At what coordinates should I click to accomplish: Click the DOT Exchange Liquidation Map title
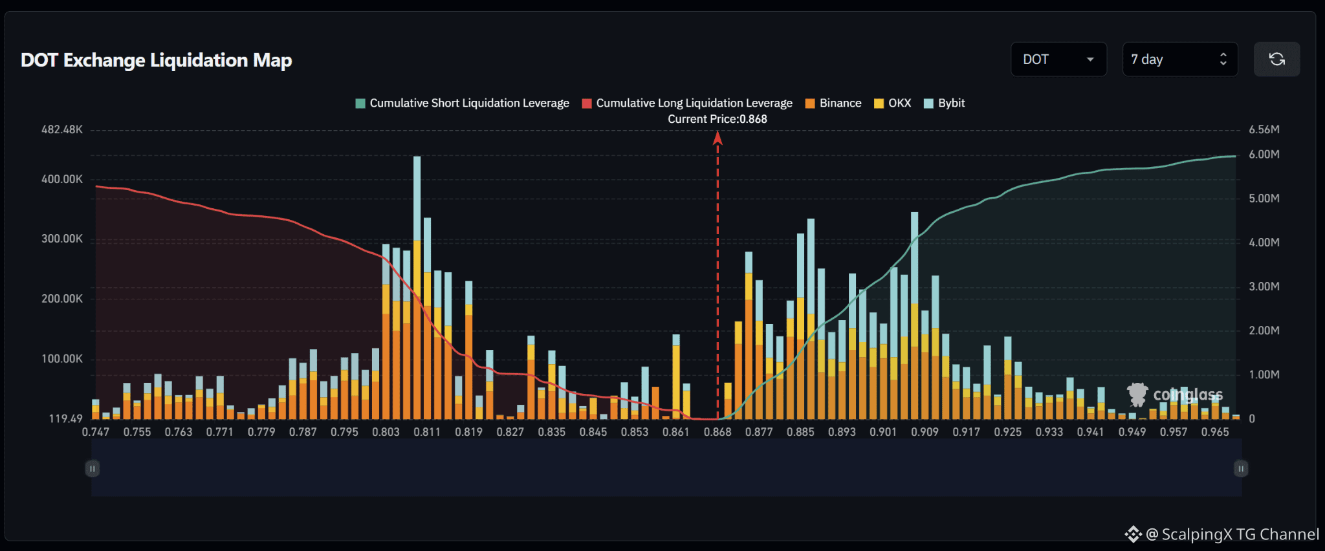(x=157, y=60)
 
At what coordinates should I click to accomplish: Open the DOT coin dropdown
(x=1058, y=59)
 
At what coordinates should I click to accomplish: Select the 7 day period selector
(x=1180, y=59)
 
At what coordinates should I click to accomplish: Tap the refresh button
(x=1276, y=59)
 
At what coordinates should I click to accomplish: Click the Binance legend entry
(x=833, y=103)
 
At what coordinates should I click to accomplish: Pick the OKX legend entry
(x=892, y=103)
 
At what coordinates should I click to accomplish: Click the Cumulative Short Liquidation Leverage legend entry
(x=462, y=103)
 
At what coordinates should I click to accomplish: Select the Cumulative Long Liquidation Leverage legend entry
(x=687, y=103)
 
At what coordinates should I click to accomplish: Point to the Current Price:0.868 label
(x=717, y=119)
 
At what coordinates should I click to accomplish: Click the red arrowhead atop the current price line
(x=717, y=138)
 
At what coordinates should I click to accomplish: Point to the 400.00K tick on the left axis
(x=62, y=179)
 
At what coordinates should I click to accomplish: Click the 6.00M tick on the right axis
(x=1264, y=155)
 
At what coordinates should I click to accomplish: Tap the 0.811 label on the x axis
(x=427, y=432)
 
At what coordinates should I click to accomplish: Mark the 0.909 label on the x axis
(x=925, y=432)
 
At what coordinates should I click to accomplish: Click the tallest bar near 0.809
(x=417, y=288)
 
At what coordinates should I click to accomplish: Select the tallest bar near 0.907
(x=914, y=316)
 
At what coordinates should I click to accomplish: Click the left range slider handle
(x=93, y=468)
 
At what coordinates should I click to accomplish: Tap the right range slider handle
(x=1241, y=468)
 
